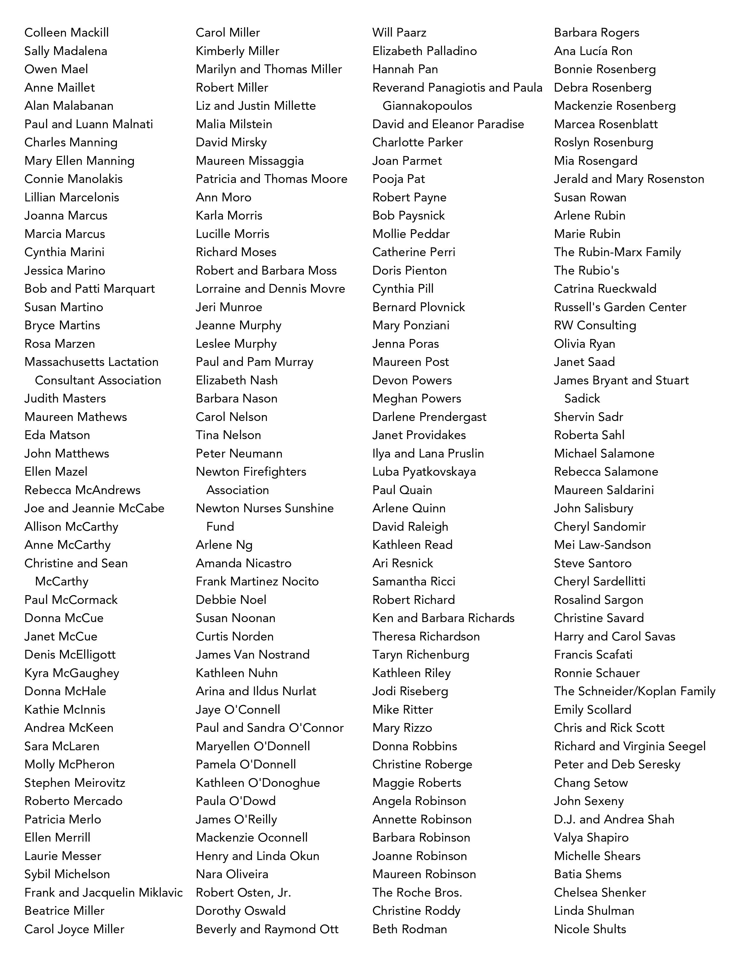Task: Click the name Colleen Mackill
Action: pyautogui.click(x=66, y=33)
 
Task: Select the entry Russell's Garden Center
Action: pyautogui.click(x=620, y=307)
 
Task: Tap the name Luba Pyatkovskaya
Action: pyautogui.click(x=424, y=472)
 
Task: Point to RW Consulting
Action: pyautogui.click(x=595, y=326)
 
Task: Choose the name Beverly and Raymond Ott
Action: pyautogui.click(x=267, y=929)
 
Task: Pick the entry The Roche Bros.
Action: pyautogui.click(x=417, y=893)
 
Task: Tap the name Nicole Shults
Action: pyautogui.click(x=590, y=929)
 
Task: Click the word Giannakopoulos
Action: pyautogui.click(x=427, y=106)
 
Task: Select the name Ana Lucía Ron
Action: pyautogui.click(x=593, y=51)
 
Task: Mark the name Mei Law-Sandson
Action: pyautogui.click(x=602, y=545)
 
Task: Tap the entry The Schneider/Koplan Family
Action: pyautogui.click(x=635, y=691)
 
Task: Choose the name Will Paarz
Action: pyautogui.click(x=399, y=33)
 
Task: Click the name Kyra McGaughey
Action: pyautogui.click(x=72, y=673)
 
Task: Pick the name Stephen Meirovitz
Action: pyautogui.click(x=75, y=783)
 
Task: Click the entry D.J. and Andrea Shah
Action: pyautogui.click(x=614, y=820)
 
